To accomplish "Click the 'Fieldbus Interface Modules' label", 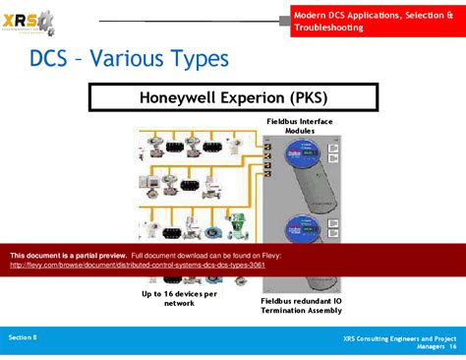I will click(x=300, y=125).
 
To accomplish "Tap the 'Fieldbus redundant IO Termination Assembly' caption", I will click(x=301, y=305).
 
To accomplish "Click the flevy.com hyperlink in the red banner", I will click(x=138, y=265).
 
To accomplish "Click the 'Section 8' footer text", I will click(x=23, y=336).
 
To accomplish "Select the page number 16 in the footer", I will click(x=453, y=346).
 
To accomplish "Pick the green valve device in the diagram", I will click(x=236, y=225).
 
